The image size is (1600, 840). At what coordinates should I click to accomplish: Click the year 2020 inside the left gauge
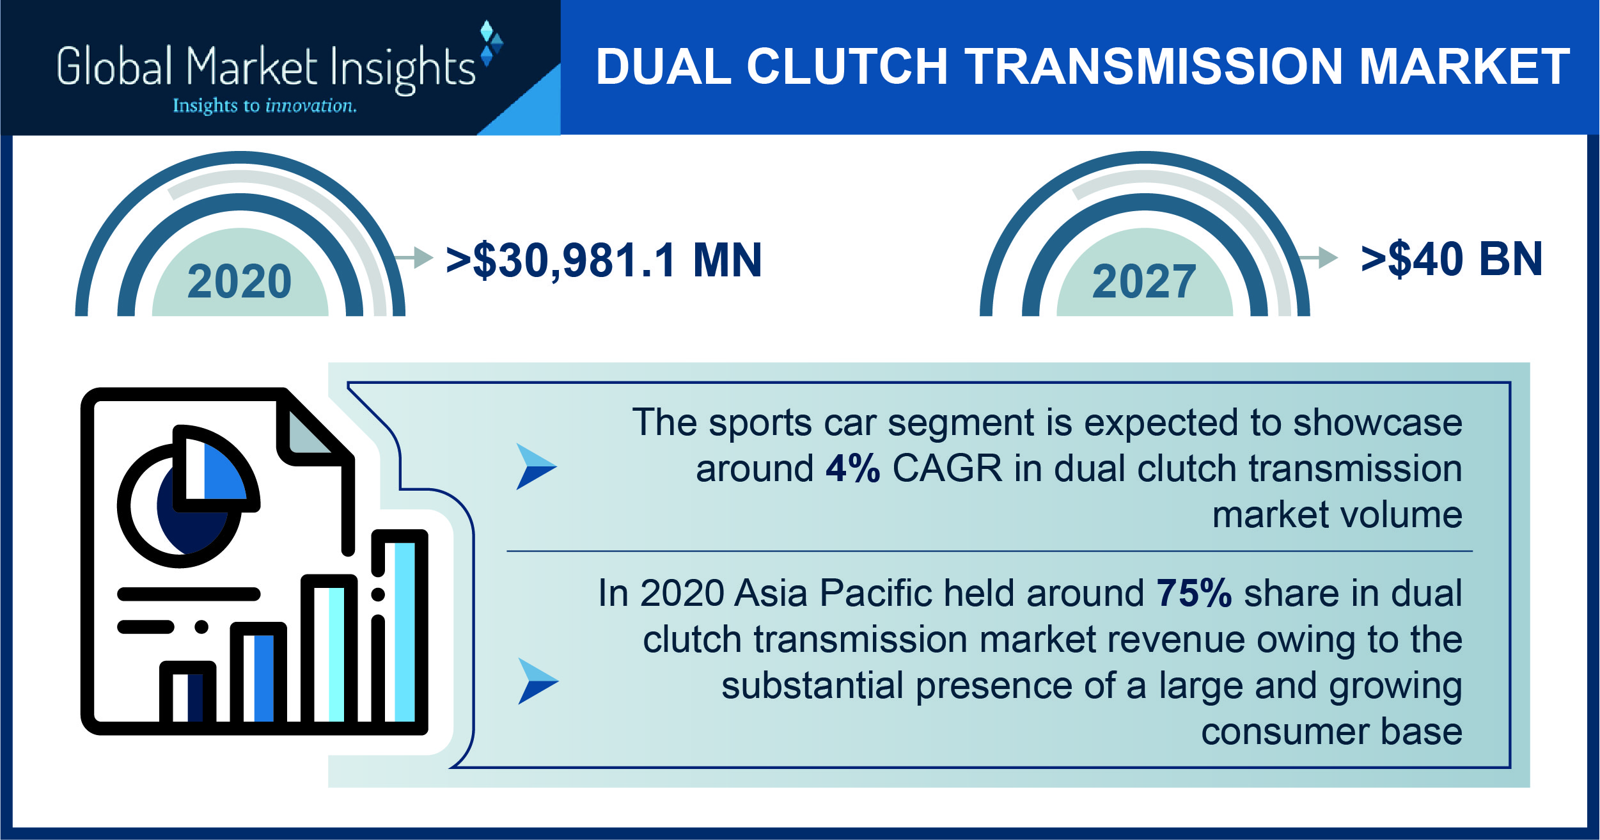(x=239, y=281)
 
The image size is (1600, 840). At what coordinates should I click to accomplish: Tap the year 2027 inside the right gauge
(x=1144, y=281)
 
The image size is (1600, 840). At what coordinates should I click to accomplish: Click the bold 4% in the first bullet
(x=852, y=468)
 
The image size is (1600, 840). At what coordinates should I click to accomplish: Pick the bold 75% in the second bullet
(x=1194, y=593)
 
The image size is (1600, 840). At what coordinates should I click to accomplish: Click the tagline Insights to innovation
(x=265, y=106)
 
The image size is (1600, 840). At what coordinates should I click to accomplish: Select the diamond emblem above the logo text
(x=491, y=44)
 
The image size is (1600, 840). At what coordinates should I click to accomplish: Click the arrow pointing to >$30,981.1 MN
(x=414, y=257)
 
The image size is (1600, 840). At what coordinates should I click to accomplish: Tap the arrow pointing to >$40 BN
(x=1319, y=257)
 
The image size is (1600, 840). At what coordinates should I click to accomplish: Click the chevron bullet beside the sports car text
(x=536, y=466)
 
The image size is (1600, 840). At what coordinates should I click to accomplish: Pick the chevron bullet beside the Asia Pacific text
(x=538, y=681)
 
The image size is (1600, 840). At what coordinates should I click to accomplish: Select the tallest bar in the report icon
(x=400, y=630)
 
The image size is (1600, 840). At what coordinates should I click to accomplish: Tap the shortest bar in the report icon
(x=187, y=695)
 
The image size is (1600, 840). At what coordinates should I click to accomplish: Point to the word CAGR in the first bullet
(x=947, y=468)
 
